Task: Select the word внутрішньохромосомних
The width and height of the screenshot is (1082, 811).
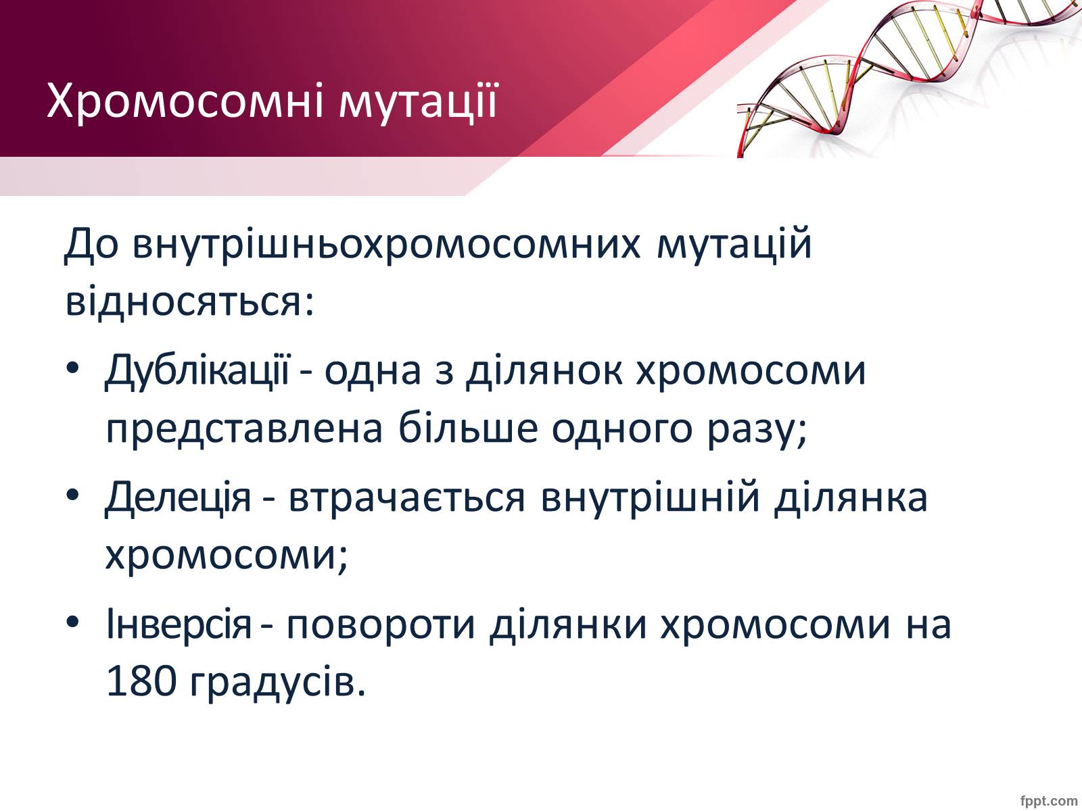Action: click(387, 244)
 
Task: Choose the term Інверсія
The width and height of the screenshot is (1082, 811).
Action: click(179, 623)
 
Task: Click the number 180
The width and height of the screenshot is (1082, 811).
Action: click(141, 681)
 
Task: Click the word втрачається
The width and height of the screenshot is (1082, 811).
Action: click(406, 498)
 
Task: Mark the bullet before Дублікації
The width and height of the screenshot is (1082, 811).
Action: click(72, 368)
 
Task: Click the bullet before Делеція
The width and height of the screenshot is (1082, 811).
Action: click(72, 495)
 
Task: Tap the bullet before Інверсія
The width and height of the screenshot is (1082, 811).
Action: click(72, 622)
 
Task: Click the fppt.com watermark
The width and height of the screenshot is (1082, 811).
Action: click(1049, 801)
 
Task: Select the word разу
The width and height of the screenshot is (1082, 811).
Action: click(757, 431)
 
